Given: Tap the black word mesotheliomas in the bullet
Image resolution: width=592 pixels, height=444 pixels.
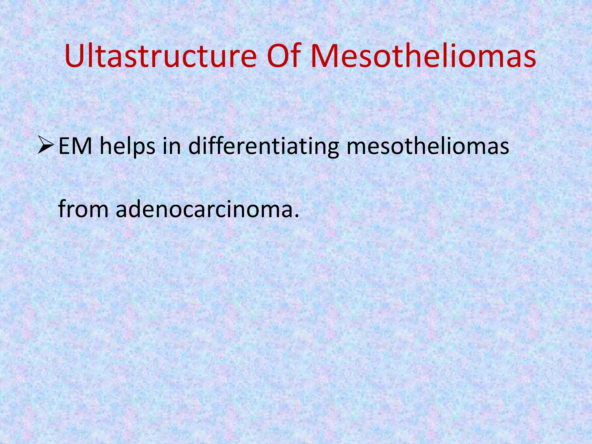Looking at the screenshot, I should (428, 146).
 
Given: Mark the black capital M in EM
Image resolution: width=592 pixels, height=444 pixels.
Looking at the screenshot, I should (82, 146).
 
